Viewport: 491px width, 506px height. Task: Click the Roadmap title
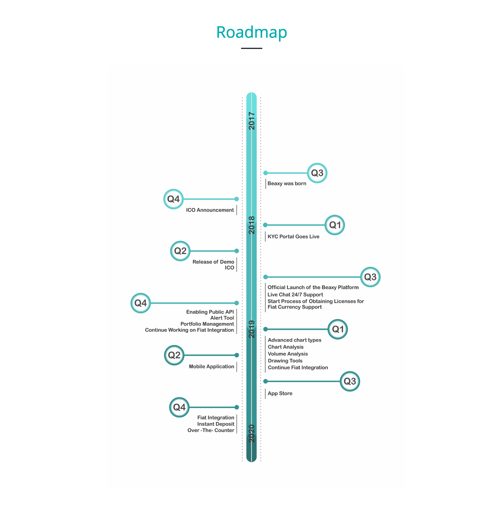tap(251, 32)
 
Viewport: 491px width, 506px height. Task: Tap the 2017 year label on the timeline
tap(252, 121)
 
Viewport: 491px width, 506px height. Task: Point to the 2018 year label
tap(252, 225)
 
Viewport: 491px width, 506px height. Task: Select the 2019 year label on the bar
tap(252, 329)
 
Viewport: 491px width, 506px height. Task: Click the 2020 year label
tap(252, 433)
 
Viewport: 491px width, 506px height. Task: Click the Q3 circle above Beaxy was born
tap(317, 173)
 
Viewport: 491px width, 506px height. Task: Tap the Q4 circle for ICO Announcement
tap(173, 199)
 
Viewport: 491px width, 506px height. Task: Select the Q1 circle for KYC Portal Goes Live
tap(335, 225)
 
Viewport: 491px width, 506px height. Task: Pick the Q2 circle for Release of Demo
tap(180, 251)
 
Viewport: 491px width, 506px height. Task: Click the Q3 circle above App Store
tap(350, 381)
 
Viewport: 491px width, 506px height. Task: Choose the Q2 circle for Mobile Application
tap(174, 355)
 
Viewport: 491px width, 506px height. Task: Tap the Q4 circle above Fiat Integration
tap(179, 407)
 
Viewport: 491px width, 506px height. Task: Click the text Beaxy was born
tap(287, 183)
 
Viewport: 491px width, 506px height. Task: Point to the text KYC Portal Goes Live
tap(293, 236)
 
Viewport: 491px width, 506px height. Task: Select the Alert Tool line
tap(222, 318)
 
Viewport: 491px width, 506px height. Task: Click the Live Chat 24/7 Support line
tap(295, 295)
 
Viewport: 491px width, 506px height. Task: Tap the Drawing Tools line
tap(285, 361)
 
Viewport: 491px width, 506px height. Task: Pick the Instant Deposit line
tap(216, 424)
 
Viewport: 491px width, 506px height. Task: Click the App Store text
tap(280, 393)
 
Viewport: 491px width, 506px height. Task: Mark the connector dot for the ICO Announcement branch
tap(236, 199)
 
